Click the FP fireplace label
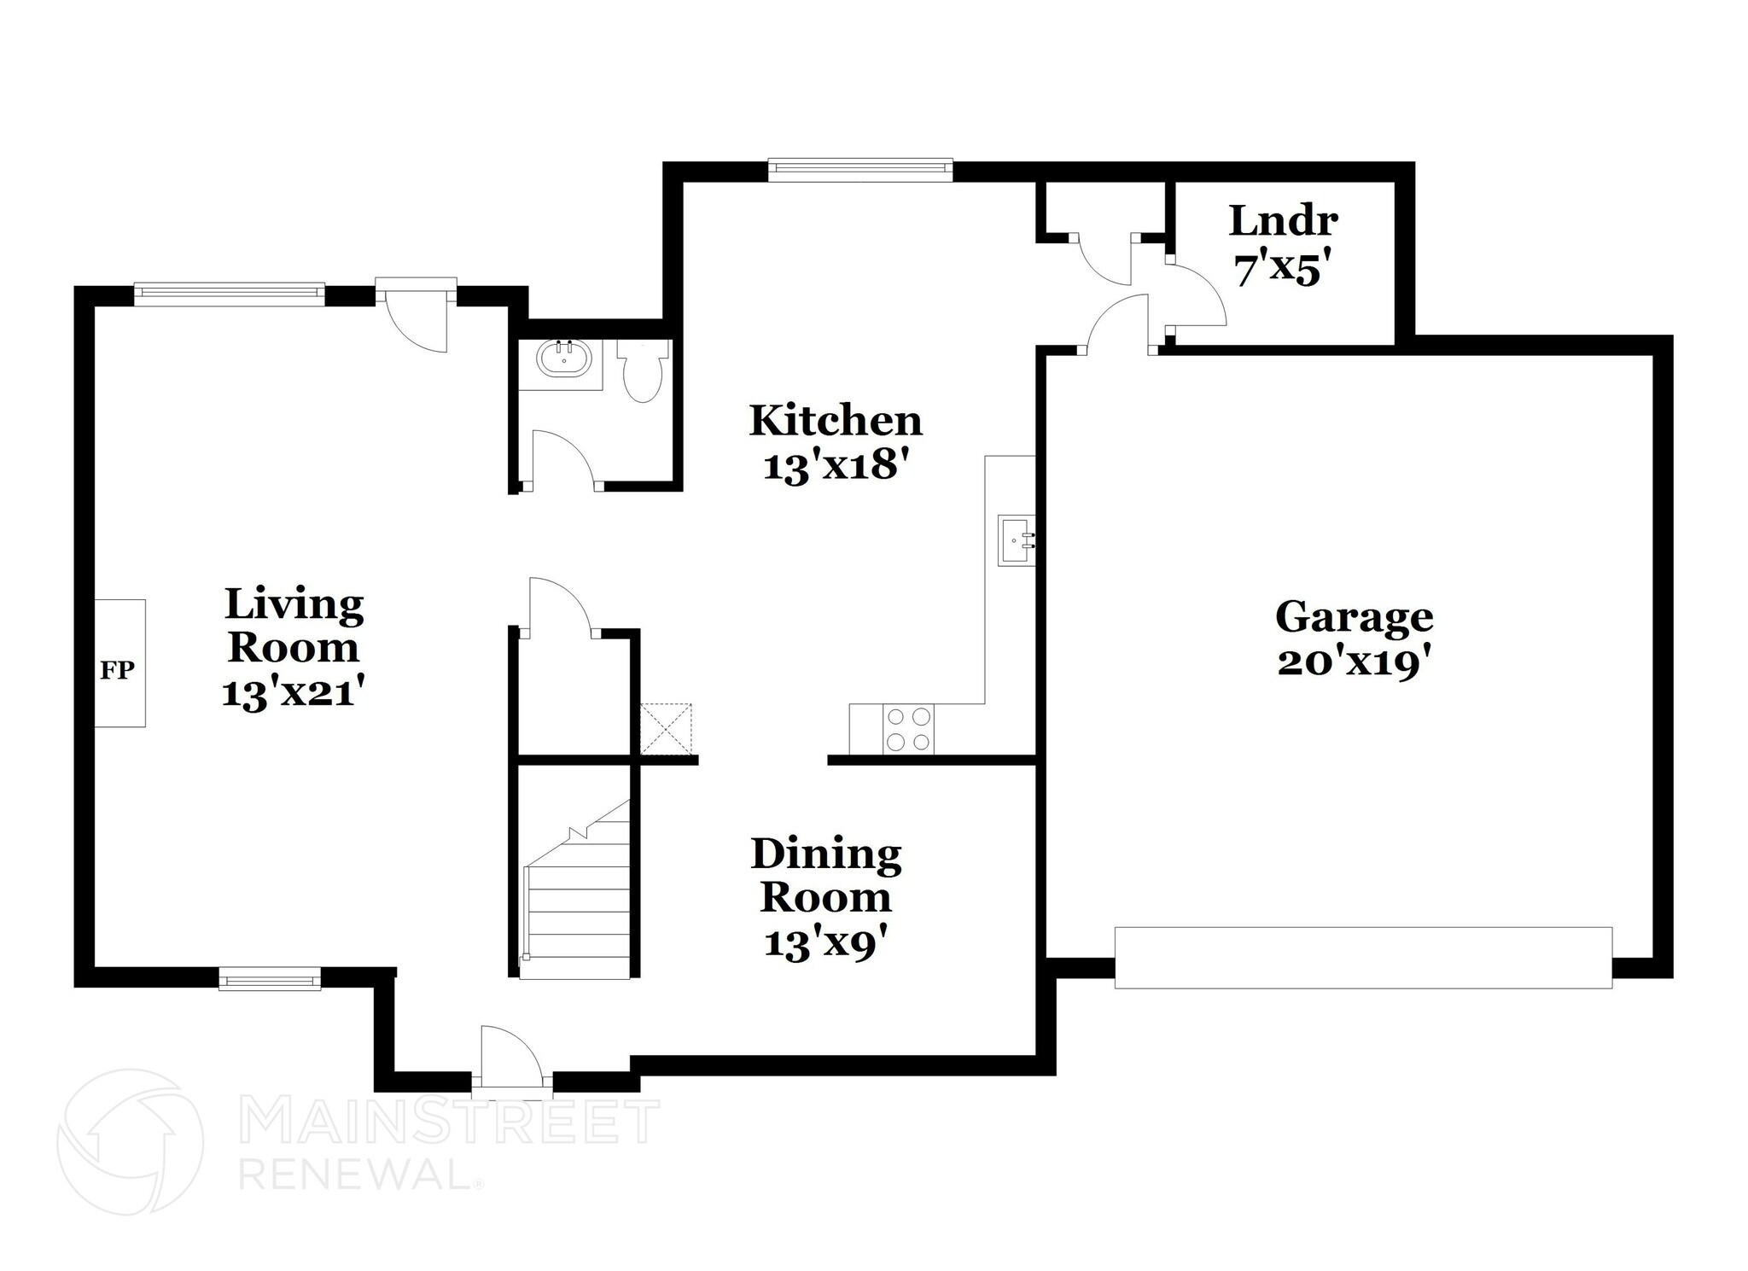(x=118, y=671)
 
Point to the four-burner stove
(x=908, y=730)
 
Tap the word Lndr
(x=1283, y=221)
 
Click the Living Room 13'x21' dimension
(x=294, y=692)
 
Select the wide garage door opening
(x=1363, y=958)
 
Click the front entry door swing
(x=510, y=1057)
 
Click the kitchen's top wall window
(x=859, y=168)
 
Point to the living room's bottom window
(x=270, y=978)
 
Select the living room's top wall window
(x=230, y=293)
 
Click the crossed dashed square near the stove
(x=667, y=728)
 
